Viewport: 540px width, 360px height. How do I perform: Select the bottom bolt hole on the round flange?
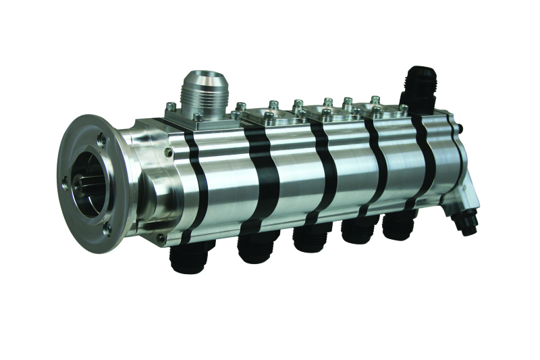click(x=108, y=227)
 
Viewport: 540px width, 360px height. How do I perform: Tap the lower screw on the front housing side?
click(x=160, y=238)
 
